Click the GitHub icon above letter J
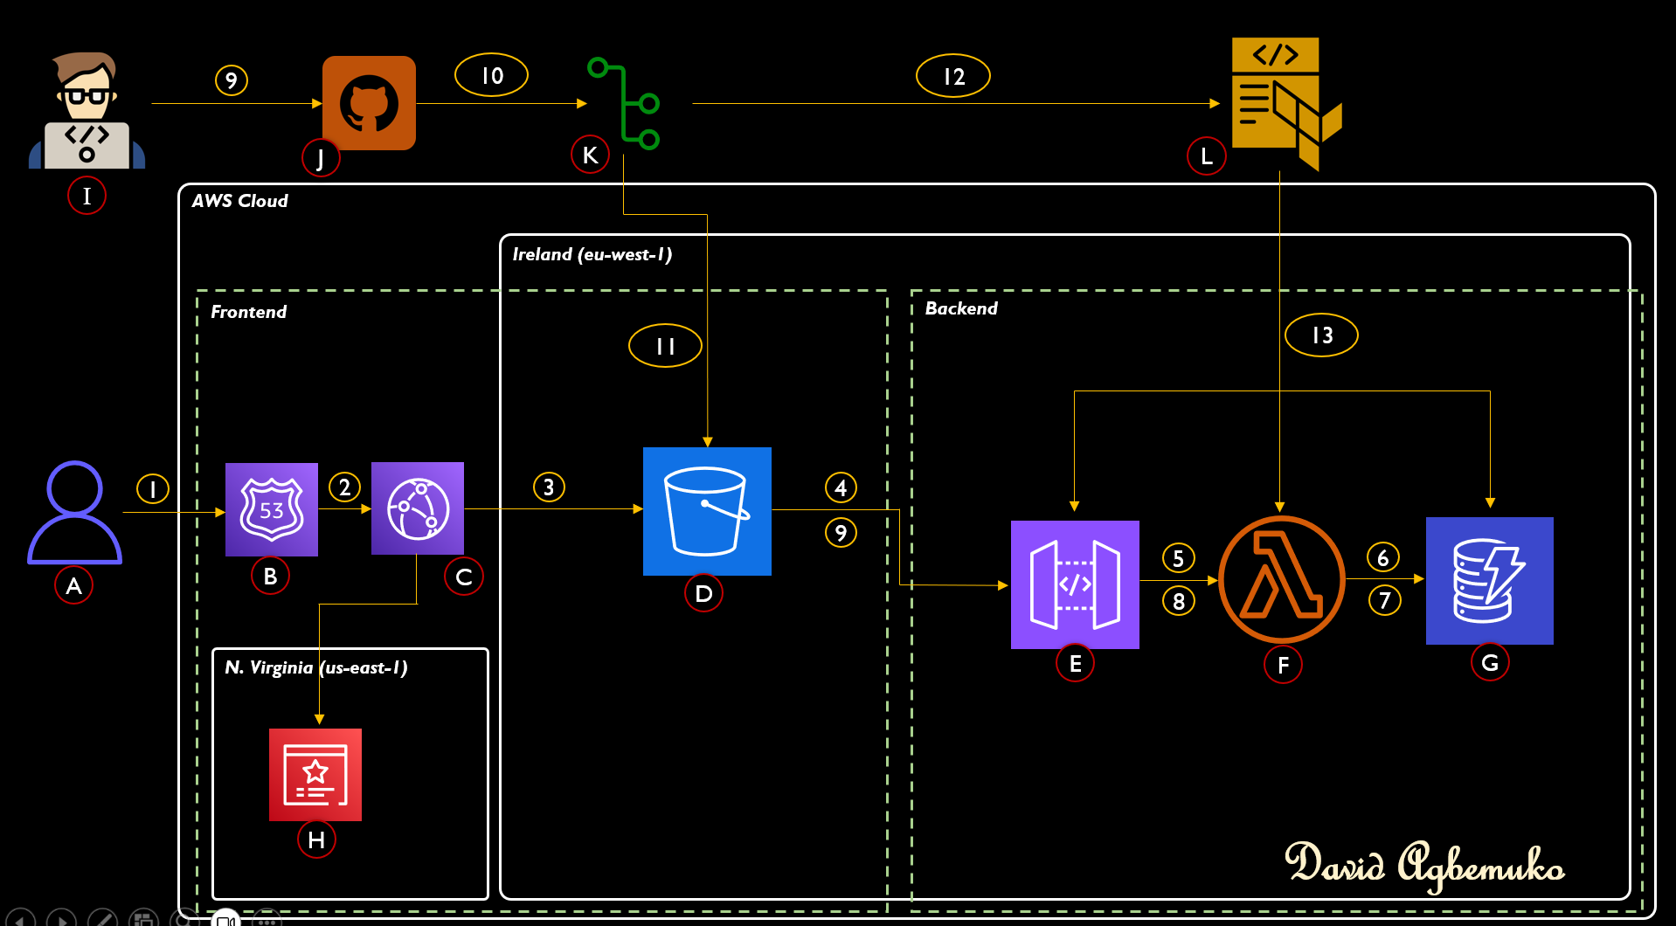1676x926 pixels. click(x=369, y=103)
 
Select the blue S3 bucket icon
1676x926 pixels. click(x=707, y=511)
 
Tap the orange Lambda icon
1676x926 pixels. click(x=1281, y=579)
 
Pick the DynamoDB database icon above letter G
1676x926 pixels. click(x=1489, y=581)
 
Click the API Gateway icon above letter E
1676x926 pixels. click(x=1075, y=584)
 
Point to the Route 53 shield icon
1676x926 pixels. click(x=272, y=509)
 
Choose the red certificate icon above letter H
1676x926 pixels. click(x=315, y=774)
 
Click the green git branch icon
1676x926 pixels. click(x=626, y=103)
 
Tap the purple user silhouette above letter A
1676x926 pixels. click(x=74, y=512)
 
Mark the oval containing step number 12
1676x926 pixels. click(x=952, y=76)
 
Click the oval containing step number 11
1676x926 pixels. click(x=665, y=346)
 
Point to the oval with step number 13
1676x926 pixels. click(x=1321, y=335)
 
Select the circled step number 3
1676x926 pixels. click(x=549, y=487)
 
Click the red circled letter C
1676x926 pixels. click(x=464, y=577)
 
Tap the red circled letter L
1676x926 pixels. click(x=1206, y=156)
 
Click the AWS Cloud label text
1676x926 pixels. click(x=240, y=201)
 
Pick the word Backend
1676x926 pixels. click(x=961, y=308)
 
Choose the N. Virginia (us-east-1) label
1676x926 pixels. click(x=316, y=667)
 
